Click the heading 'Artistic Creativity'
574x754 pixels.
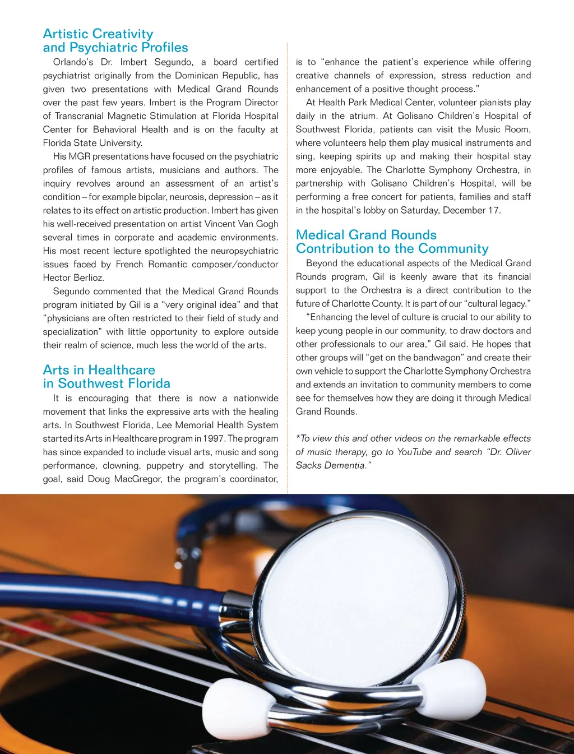98,34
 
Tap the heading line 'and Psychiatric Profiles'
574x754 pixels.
115,48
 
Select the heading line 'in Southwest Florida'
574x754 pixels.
107,383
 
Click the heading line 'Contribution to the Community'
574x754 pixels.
392,248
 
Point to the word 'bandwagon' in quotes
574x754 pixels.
438,358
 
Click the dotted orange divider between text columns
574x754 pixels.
287,269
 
